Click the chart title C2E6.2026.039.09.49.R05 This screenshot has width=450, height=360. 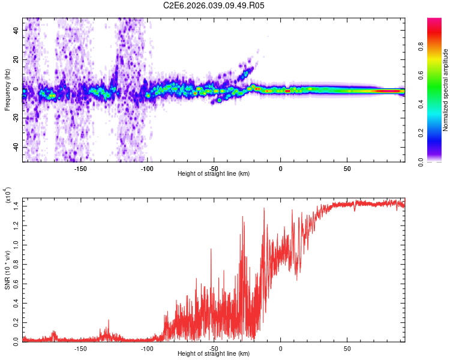(214, 5)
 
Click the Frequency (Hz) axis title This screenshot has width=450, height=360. (7, 90)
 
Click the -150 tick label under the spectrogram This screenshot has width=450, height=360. (80, 169)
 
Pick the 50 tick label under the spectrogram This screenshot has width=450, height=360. (347, 169)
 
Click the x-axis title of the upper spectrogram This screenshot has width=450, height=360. (214, 174)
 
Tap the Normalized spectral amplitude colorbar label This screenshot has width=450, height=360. (446, 90)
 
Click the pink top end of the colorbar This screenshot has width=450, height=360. (434, 22)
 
